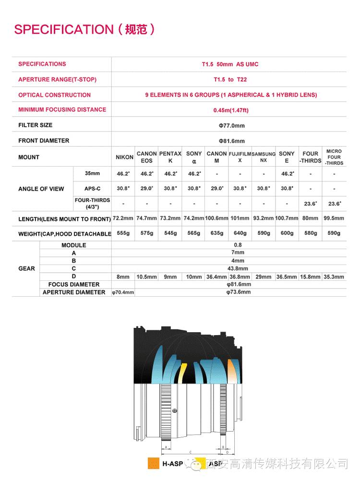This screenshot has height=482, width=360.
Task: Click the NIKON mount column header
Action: tap(124, 157)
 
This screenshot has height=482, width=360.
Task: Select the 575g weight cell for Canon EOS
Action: tap(146, 233)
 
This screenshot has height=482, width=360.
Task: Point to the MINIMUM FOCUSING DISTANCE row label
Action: tap(62, 109)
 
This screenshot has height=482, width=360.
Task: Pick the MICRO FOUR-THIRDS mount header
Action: tap(334, 157)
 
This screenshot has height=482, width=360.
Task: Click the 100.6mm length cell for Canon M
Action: tap(216, 218)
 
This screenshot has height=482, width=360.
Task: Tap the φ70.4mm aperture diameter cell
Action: tap(123, 292)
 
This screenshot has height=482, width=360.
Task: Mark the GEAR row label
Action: tap(26, 268)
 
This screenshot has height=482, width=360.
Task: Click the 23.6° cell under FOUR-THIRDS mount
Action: tap(311, 204)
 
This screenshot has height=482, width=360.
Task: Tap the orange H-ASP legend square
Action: tap(154, 464)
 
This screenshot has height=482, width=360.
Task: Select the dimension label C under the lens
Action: tap(191, 452)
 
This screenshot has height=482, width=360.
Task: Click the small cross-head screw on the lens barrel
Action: tap(175, 411)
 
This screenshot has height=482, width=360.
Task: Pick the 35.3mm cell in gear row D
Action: tap(334, 277)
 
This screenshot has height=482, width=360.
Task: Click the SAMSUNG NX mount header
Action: tap(264, 157)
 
